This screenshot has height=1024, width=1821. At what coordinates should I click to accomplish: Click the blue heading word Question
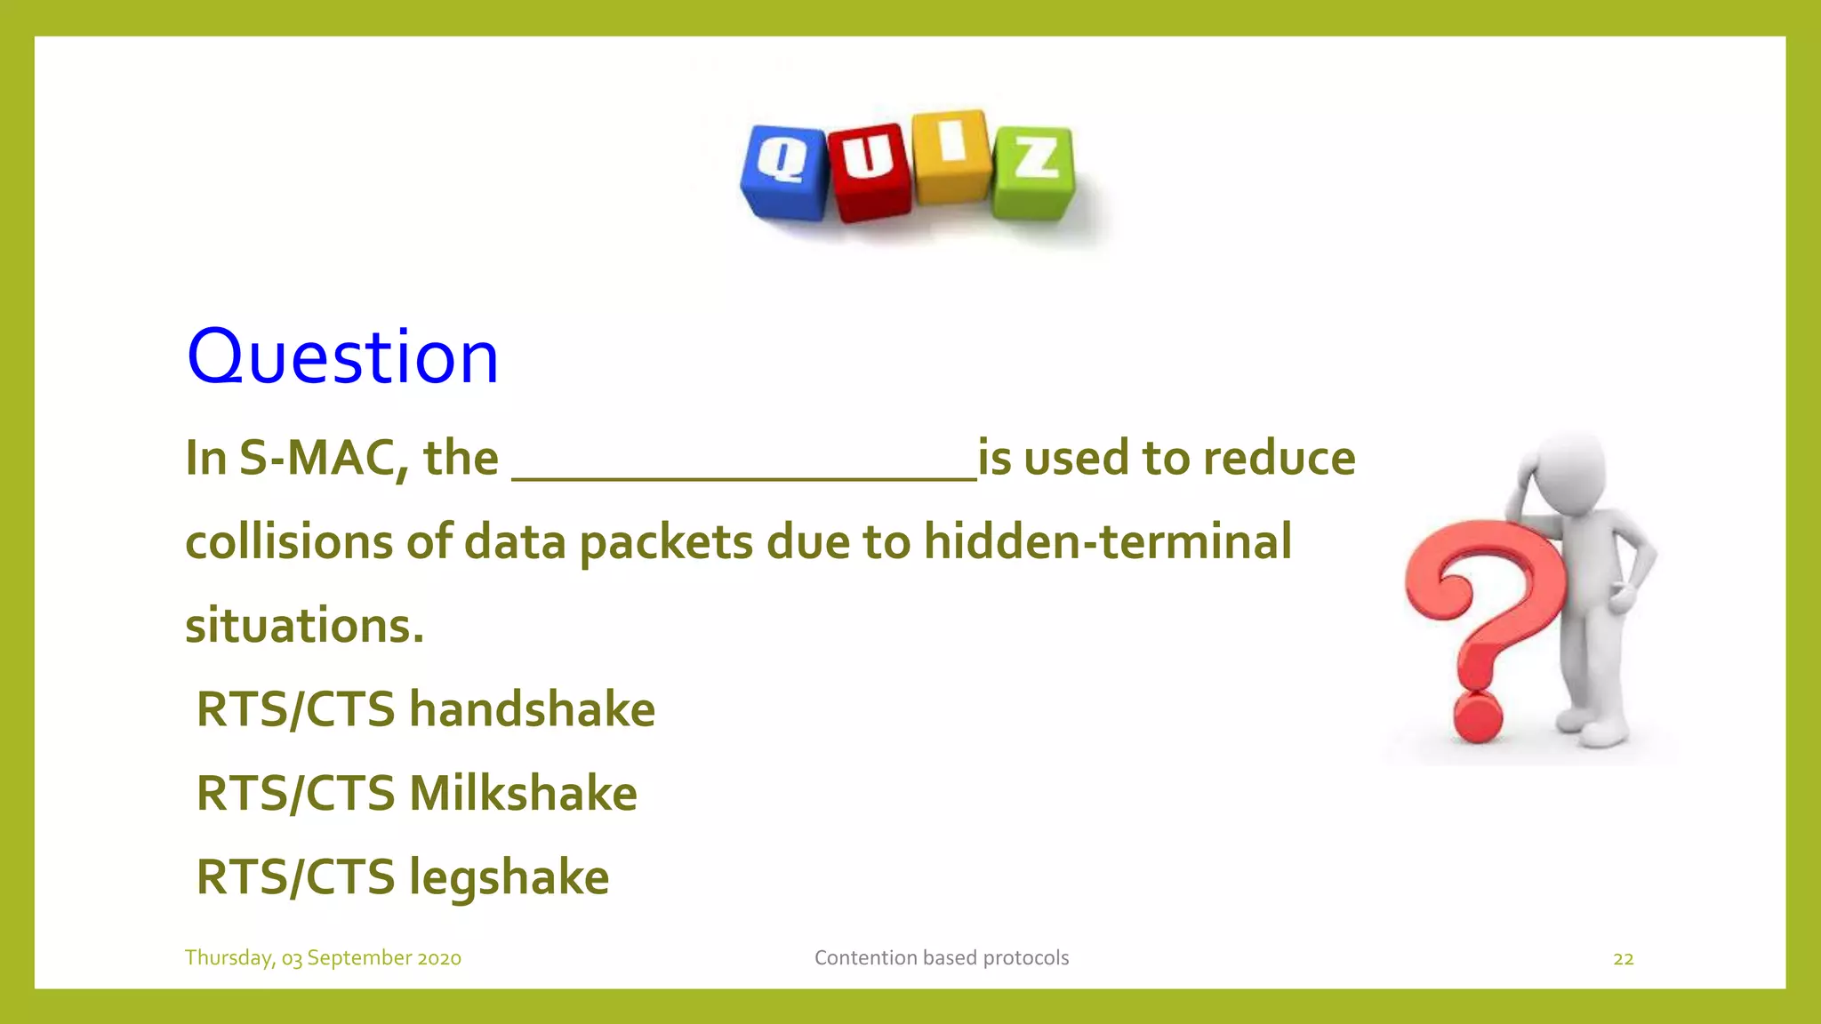342,356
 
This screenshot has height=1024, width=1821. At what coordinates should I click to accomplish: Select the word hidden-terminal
1107,541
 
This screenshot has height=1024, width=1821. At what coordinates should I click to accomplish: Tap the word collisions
288,541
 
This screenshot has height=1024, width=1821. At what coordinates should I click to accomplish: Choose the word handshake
532,709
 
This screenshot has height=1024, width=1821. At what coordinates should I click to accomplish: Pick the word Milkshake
523,793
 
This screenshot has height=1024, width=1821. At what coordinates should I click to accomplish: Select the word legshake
509,877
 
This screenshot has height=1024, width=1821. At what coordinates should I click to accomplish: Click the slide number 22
1623,958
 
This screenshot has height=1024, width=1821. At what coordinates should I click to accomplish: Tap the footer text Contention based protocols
941,957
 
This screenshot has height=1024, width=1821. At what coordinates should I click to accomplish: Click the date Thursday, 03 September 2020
323,957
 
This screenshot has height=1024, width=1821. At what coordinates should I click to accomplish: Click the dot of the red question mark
1477,717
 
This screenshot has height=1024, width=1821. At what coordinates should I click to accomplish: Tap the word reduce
1279,459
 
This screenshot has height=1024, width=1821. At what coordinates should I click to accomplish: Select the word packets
666,541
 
